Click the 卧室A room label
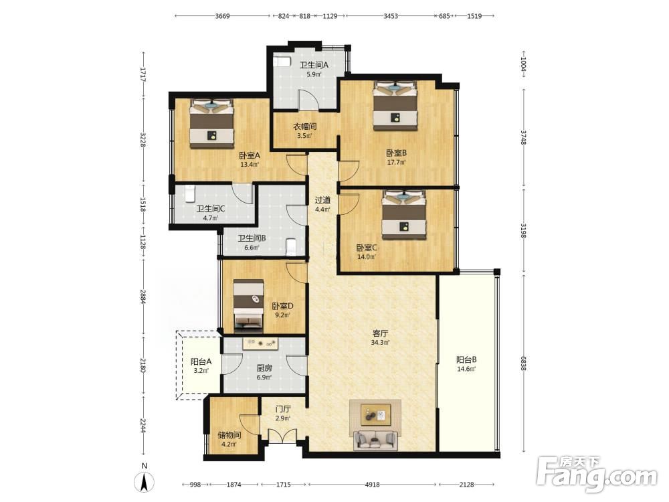(x=250, y=155)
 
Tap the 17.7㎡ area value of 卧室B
(x=396, y=162)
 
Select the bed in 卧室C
(x=404, y=215)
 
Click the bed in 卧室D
(x=248, y=305)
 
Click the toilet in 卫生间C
(x=190, y=194)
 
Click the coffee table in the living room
(x=375, y=415)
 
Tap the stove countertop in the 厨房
(x=261, y=343)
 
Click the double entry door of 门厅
(x=282, y=436)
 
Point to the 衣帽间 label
(x=304, y=127)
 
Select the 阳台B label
(x=466, y=359)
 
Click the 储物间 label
(x=229, y=435)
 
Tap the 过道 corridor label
(x=322, y=199)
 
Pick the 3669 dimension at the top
(x=222, y=16)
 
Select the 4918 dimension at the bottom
(x=372, y=485)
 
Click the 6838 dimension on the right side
(x=524, y=363)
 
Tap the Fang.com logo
(x=597, y=473)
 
